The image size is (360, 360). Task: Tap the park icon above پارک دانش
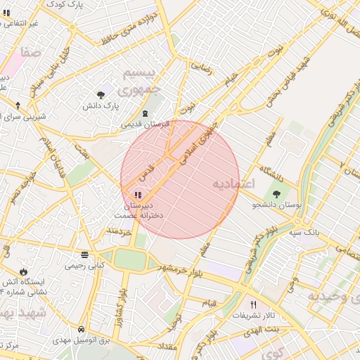[x=102, y=94]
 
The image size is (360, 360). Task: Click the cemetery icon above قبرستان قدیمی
[x=145, y=114]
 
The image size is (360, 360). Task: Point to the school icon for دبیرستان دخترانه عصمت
[x=136, y=195]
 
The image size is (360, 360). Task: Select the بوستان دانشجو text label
[x=276, y=205]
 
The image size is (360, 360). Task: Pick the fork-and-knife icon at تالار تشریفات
[x=253, y=304]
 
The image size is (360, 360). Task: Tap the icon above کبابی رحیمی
[x=84, y=255]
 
